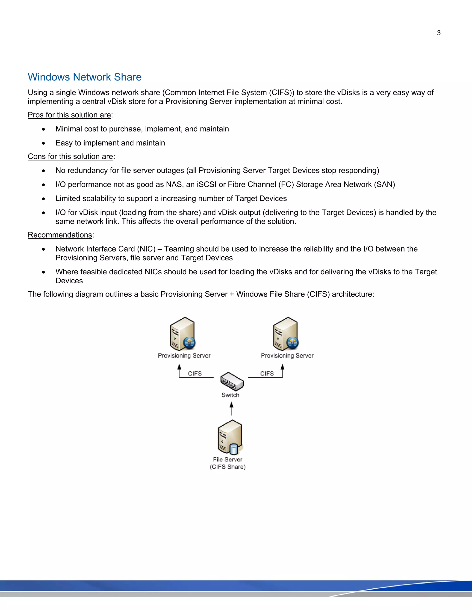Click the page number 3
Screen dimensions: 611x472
point(438,33)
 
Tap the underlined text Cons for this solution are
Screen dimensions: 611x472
point(70,156)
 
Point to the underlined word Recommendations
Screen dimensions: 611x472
point(60,235)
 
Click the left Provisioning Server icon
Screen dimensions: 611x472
point(183,334)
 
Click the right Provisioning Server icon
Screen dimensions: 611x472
point(286,334)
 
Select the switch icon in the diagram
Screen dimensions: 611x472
point(232,381)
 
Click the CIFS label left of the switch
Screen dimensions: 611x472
point(195,374)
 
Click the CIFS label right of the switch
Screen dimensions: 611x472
point(267,374)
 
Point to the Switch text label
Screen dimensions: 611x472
point(230,395)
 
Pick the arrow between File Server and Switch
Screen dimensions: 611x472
point(231,409)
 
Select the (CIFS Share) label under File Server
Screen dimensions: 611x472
point(228,467)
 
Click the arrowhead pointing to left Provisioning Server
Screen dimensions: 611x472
point(179,367)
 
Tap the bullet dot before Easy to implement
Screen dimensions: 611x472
point(43,143)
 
